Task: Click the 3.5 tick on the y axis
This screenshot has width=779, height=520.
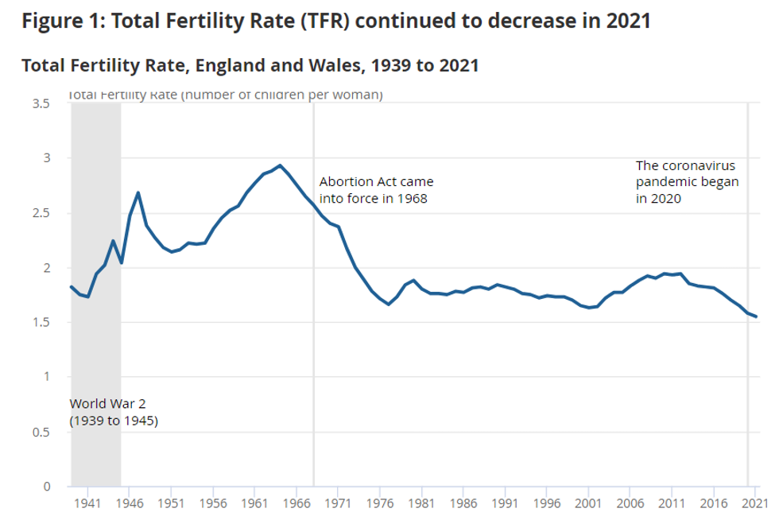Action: coord(41,103)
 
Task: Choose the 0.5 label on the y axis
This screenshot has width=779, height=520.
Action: coord(41,432)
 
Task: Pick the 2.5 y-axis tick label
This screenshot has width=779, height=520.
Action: coord(41,213)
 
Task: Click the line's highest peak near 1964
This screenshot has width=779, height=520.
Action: coord(280,165)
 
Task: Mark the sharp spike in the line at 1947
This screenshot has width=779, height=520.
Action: coord(138,192)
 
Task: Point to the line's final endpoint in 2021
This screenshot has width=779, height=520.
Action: coord(756,316)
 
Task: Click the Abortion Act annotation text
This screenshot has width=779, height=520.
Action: coord(375,190)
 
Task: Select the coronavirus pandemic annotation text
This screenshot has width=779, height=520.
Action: coord(687,182)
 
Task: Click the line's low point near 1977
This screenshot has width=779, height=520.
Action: coord(389,304)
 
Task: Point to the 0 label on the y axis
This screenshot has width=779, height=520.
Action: coord(47,486)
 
